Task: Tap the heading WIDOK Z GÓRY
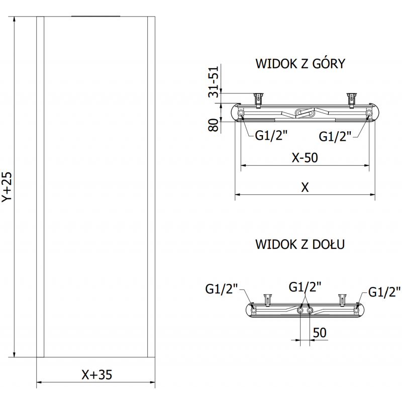coord(300,64)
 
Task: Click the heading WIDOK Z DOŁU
coord(300,245)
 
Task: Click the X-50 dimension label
coord(305,158)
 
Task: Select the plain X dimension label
coord(305,187)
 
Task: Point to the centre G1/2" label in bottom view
coord(305,287)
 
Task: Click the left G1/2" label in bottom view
coord(222,289)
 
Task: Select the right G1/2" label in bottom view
coord(384,291)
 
